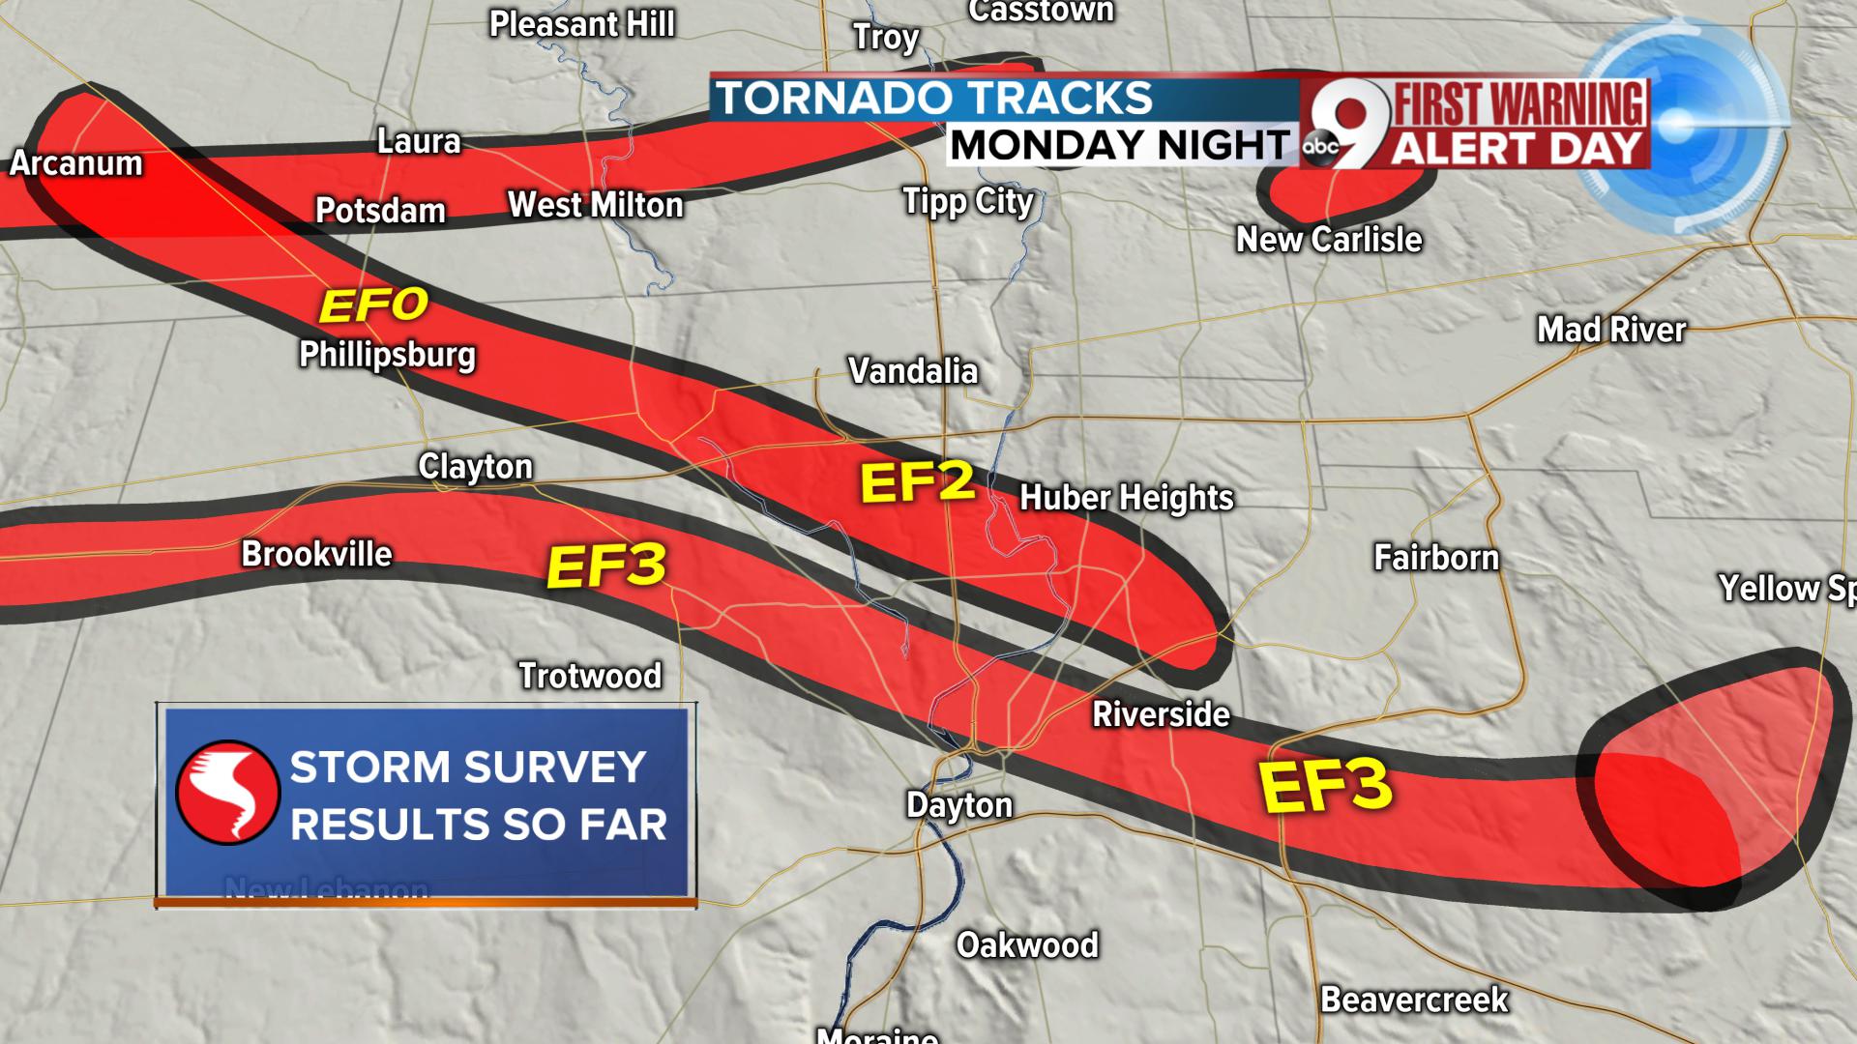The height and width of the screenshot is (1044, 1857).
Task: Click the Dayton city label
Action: click(x=958, y=805)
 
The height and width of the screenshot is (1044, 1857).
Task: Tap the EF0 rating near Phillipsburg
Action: click(x=373, y=305)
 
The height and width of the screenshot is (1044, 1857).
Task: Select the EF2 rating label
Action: click(x=917, y=481)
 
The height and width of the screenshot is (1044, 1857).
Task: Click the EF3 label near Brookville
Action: click(x=606, y=565)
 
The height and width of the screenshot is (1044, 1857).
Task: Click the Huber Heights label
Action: click(x=1126, y=498)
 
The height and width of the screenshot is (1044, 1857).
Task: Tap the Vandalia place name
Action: click(x=913, y=371)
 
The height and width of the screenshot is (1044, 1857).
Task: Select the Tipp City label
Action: click(x=967, y=202)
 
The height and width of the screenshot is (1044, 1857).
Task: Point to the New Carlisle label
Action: click(x=1329, y=240)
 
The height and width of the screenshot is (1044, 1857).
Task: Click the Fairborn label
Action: click(x=1436, y=558)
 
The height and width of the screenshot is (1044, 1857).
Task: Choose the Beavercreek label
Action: click(x=1414, y=1000)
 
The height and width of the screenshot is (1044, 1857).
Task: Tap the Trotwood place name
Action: click(x=590, y=676)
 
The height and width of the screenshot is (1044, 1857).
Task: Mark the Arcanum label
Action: click(x=76, y=163)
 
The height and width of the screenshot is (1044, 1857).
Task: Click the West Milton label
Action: click(x=596, y=205)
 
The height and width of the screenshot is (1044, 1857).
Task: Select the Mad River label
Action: click(x=1611, y=331)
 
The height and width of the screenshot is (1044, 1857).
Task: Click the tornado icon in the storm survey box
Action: click(x=228, y=793)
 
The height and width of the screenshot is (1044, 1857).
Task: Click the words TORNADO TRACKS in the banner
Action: click(x=933, y=99)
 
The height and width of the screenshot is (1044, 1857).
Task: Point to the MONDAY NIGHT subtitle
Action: click(x=1120, y=145)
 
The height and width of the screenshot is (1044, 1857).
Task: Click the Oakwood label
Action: click(x=1027, y=944)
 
